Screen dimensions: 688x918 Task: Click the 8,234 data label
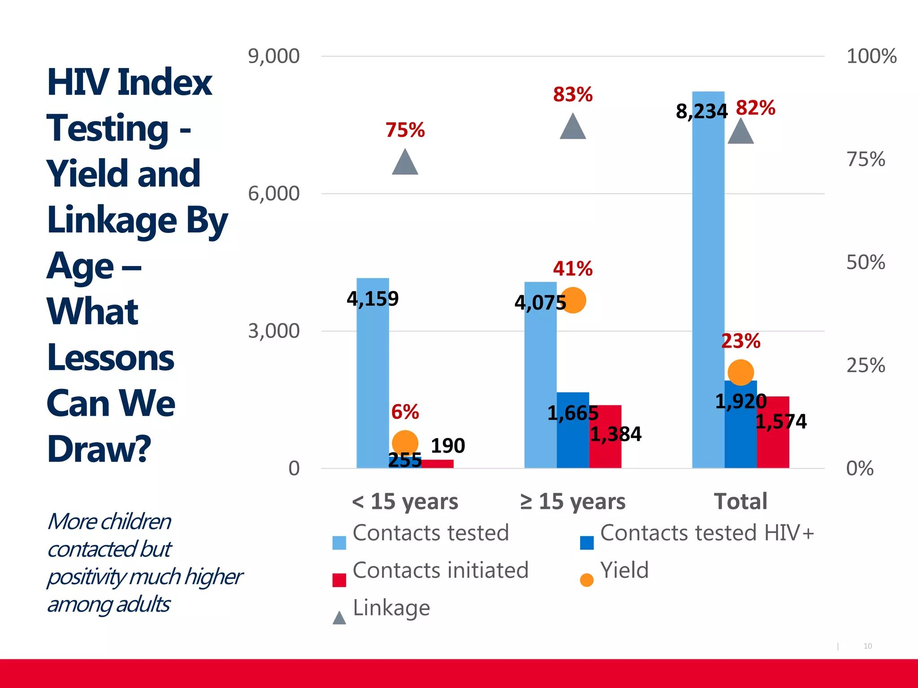tap(701, 111)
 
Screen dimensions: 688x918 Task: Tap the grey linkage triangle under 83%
tap(573, 128)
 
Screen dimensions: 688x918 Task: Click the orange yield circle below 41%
tap(573, 300)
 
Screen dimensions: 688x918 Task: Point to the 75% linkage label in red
tap(405, 130)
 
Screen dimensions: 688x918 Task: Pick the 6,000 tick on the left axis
tap(273, 193)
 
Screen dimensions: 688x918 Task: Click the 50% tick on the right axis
tap(865, 262)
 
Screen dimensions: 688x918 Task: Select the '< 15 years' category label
tap(405, 501)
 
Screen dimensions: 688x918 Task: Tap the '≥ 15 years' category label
tap(572, 501)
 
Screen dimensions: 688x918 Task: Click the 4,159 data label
tap(372, 298)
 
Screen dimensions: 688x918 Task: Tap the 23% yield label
tap(740, 341)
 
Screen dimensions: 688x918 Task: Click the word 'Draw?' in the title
tap(99, 449)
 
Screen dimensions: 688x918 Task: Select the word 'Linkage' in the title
tap(112, 220)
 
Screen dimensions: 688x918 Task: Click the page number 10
tap(867, 646)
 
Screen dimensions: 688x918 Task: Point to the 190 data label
tap(448, 446)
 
